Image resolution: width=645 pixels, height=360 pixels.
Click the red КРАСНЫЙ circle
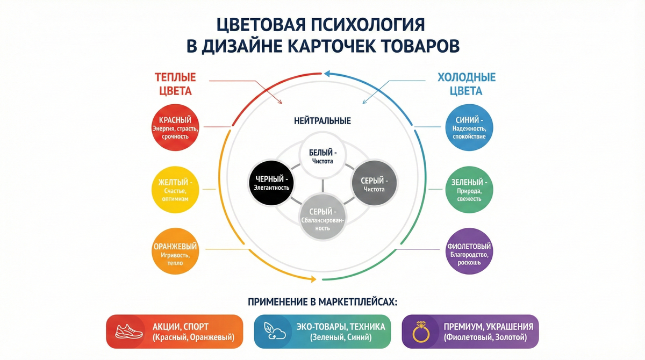click(x=175, y=127)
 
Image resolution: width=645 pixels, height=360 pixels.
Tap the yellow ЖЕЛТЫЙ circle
click(x=175, y=190)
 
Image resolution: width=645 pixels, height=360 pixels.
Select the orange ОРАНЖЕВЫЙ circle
click(x=175, y=252)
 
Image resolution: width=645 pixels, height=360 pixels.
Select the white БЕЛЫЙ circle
click(x=322, y=156)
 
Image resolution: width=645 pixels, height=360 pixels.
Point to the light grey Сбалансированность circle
click(x=322, y=216)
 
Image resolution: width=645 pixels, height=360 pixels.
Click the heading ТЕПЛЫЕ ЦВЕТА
click(x=175, y=83)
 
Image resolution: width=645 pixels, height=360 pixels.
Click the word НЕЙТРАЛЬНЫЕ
click(x=322, y=121)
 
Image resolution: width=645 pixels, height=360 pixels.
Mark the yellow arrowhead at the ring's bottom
click(x=311, y=278)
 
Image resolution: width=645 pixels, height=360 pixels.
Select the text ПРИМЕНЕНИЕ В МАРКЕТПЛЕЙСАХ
click(x=322, y=302)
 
